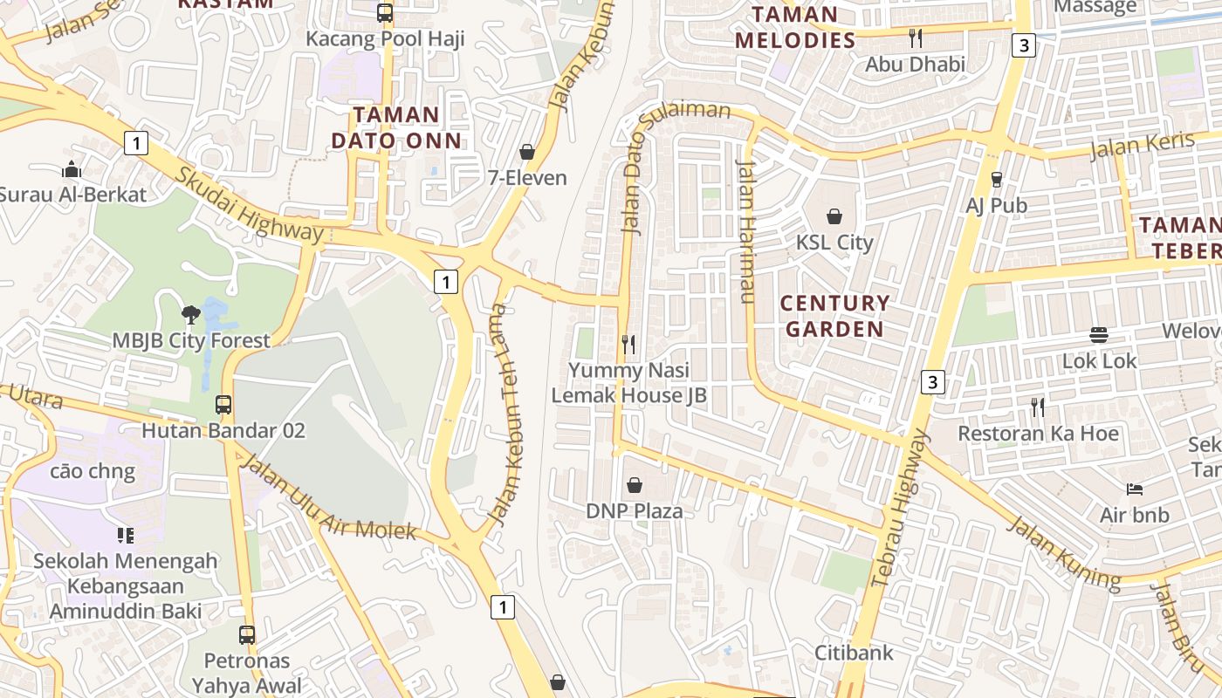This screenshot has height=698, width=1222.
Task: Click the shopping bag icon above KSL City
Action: click(x=834, y=216)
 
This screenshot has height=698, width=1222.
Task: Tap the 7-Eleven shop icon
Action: click(x=527, y=152)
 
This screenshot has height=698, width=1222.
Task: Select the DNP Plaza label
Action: click(x=634, y=510)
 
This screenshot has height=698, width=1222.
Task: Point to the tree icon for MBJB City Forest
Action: click(x=190, y=314)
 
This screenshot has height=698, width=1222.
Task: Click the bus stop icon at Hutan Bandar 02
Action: click(x=223, y=405)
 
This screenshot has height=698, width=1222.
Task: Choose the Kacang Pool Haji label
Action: click(x=385, y=38)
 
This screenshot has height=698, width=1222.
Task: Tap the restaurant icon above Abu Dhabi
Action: click(x=915, y=38)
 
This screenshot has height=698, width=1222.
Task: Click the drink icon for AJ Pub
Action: click(x=996, y=179)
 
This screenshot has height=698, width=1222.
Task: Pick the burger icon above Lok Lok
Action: click(x=1099, y=334)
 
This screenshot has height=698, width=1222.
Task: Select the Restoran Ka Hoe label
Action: click(x=1038, y=433)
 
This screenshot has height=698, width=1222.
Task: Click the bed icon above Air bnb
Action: click(x=1134, y=489)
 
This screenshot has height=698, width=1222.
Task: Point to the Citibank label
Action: click(x=854, y=652)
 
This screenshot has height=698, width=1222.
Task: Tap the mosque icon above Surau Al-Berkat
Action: click(x=72, y=168)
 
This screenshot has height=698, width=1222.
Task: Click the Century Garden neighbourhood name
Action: click(x=834, y=316)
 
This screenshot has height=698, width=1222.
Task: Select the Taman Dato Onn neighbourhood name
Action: click(x=396, y=127)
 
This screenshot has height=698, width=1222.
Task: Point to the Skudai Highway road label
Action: click(x=249, y=204)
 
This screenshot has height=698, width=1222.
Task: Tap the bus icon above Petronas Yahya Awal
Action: click(x=247, y=634)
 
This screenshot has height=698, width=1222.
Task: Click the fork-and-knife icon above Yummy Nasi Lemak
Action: click(x=628, y=344)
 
